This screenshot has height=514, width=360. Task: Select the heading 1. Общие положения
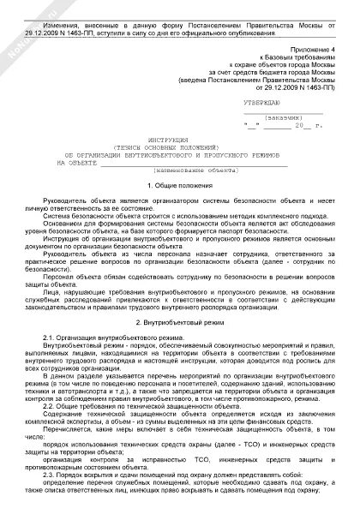pos(180,185)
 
